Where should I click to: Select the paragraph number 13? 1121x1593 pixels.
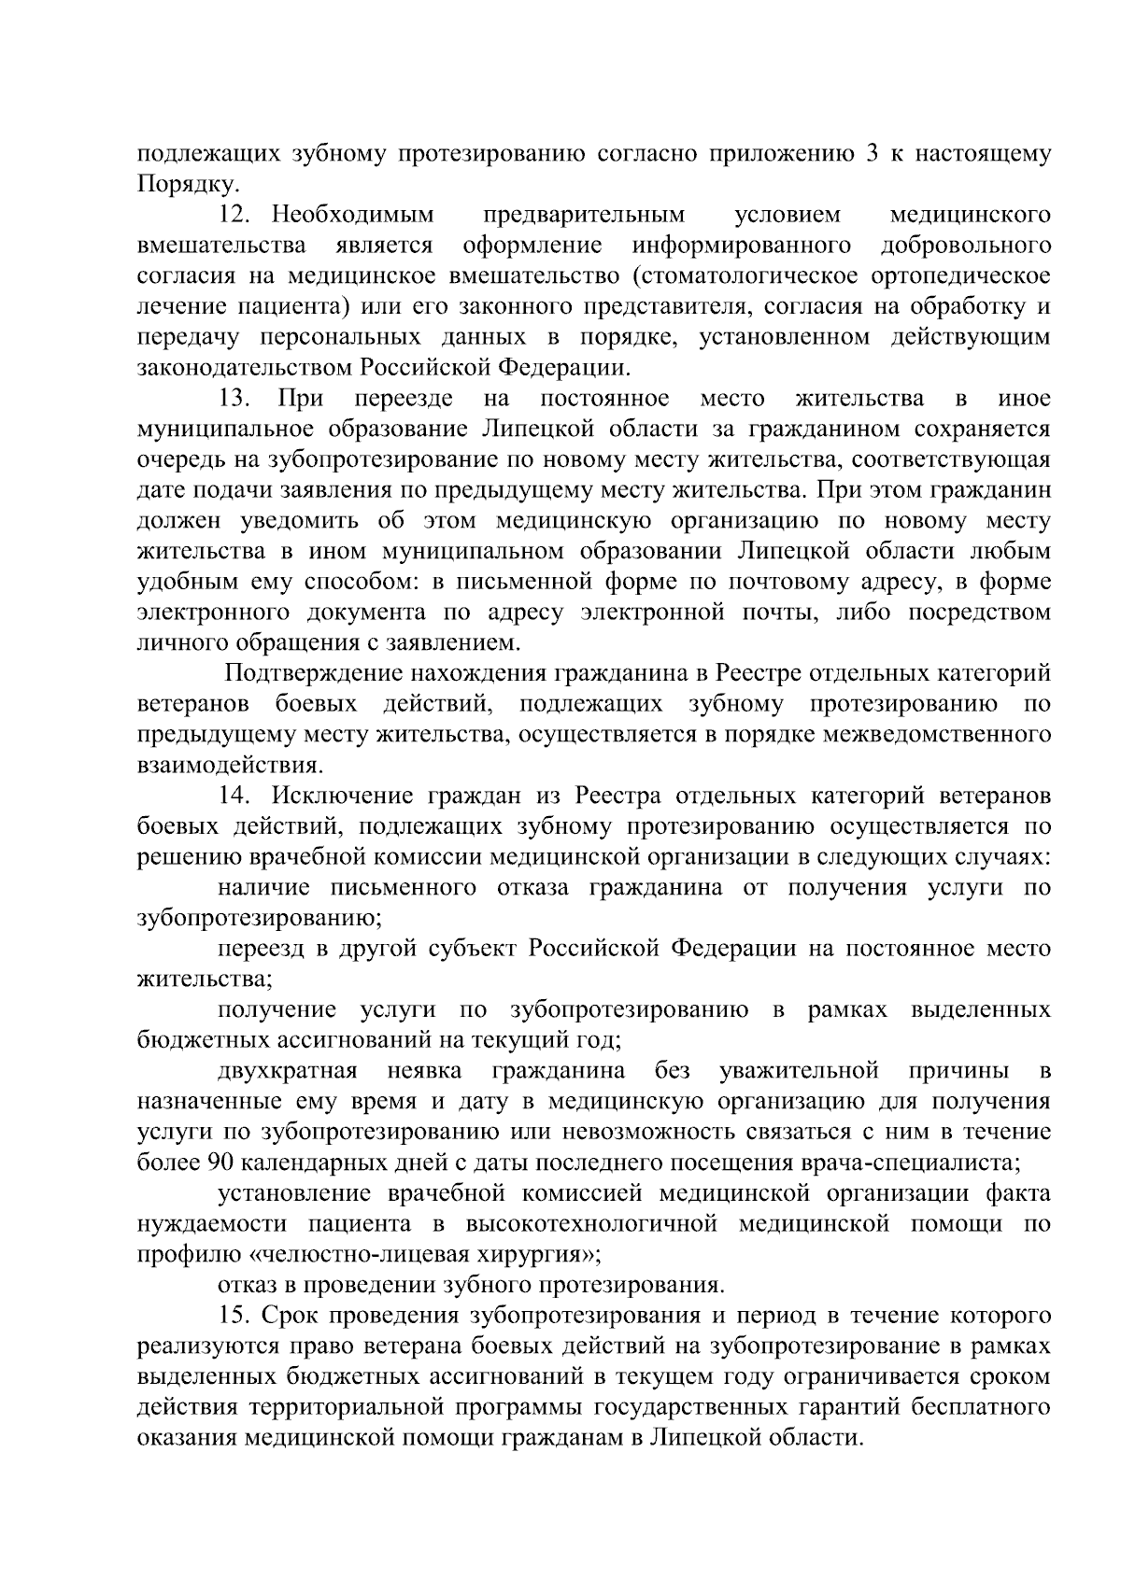(234, 399)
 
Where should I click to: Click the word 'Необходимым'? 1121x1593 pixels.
(353, 216)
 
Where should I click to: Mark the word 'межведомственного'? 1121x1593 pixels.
(936, 735)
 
